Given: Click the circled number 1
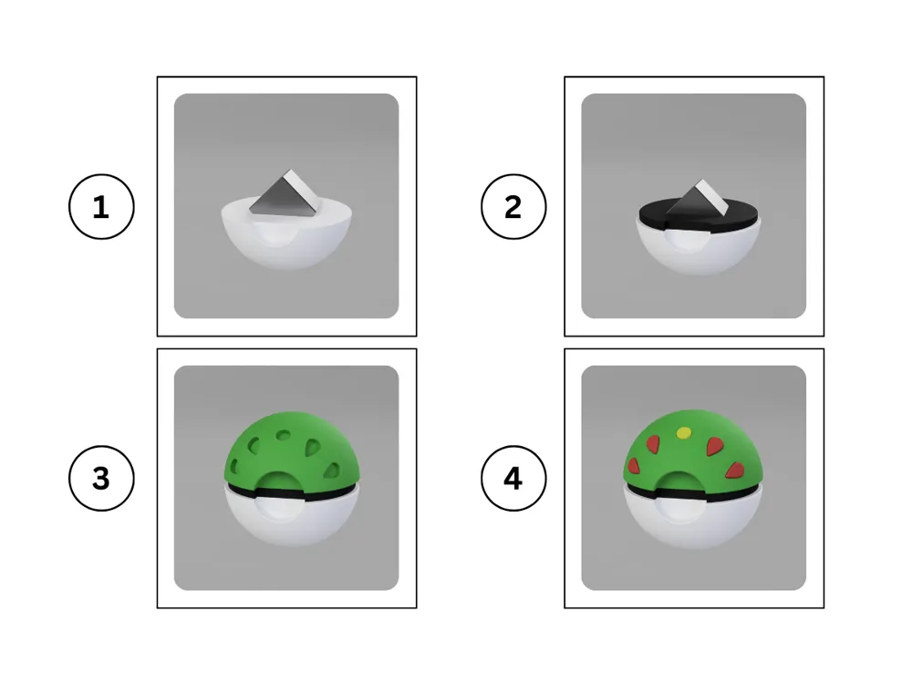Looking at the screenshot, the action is pyautogui.click(x=101, y=206).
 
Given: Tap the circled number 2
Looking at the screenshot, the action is pyautogui.click(x=513, y=206).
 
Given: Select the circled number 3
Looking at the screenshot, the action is pyautogui.click(x=101, y=478).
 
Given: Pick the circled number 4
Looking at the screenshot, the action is pyautogui.click(x=513, y=478).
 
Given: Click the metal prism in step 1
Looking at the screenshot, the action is pyautogui.click(x=285, y=193).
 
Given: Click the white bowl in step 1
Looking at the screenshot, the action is pyautogui.click(x=286, y=235).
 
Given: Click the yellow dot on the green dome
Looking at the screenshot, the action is pyautogui.click(x=684, y=432).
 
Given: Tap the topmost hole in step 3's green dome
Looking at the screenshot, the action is pyautogui.click(x=284, y=434).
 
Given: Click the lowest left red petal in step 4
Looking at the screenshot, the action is pyautogui.click(x=634, y=465).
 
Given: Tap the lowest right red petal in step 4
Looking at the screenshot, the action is pyautogui.click(x=735, y=470).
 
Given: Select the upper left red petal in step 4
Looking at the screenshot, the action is pyautogui.click(x=653, y=444).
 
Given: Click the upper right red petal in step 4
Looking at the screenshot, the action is pyautogui.click(x=714, y=446).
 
